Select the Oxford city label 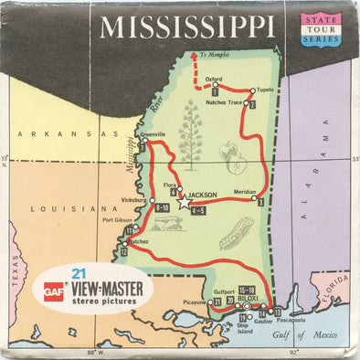pyautogui.click(x=214, y=79)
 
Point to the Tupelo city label pyautogui.click(x=265, y=90)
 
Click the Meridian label pyautogui.click(x=246, y=192)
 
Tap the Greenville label pyautogui.click(x=153, y=134)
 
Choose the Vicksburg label pyautogui.click(x=132, y=198)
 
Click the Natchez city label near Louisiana pyautogui.click(x=137, y=241)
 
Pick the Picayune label pyautogui.click(x=195, y=301)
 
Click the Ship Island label pyautogui.click(x=242, y=352)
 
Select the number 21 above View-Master pyautogui.click(x=79, y=273)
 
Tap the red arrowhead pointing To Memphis pyautogui.click(x=194, y=56)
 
